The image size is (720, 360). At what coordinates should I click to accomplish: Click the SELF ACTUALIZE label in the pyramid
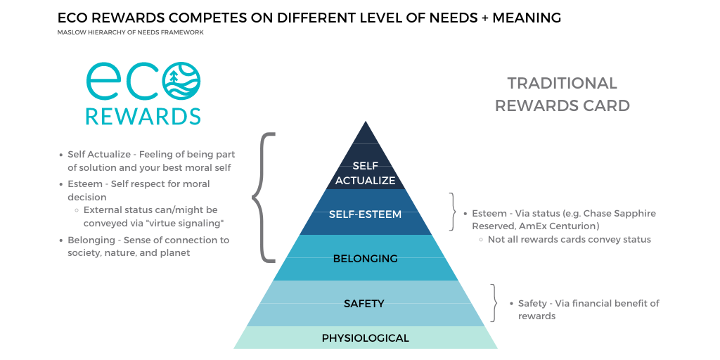tap(365, 172)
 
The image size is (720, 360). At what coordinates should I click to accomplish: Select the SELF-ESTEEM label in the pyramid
tap(365, 214)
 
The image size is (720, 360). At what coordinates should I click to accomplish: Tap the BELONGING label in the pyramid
tap(365, 259)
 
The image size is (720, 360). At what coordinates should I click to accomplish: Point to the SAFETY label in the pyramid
tap(364, 304)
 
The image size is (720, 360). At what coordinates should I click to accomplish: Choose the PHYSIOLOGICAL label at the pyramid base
tap(365, 338)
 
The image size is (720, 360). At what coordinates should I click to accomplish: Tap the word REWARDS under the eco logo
tap(143, 116)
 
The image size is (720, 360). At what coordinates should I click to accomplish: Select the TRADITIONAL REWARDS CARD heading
tap(562, 94)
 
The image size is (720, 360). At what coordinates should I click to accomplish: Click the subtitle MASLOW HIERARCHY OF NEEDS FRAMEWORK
tap(131, 32)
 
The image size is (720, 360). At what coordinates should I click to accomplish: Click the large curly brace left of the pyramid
tap(262, 198)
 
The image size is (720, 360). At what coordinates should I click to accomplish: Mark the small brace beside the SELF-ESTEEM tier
tap(453, 212)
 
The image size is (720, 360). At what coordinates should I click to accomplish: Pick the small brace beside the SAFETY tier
tap(494, 303)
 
